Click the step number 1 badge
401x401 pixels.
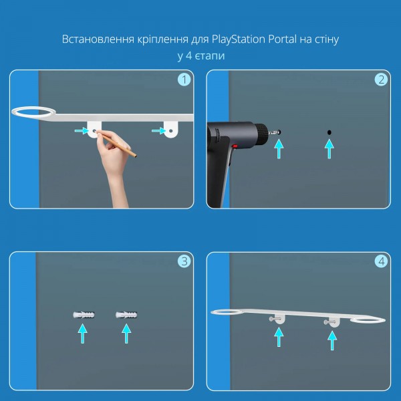click(x=184, y=80)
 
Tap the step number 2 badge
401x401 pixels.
click(x=381, y=80)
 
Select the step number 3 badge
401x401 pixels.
click(x=184, y=261)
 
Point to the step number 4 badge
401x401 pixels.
click(x=381, y=261)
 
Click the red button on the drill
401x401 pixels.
click(x=235, y=146)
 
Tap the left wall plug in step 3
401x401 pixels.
click(x=84, y=315)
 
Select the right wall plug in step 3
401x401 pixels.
click(x=126, y=315)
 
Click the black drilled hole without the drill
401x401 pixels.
click(x=329, y=132)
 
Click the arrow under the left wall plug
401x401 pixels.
click(x=83, y=333)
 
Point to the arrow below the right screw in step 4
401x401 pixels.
click(x=332, y=340)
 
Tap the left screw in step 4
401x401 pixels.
click(x=274, y=319)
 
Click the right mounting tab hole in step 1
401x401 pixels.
click(x=170, y=131)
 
